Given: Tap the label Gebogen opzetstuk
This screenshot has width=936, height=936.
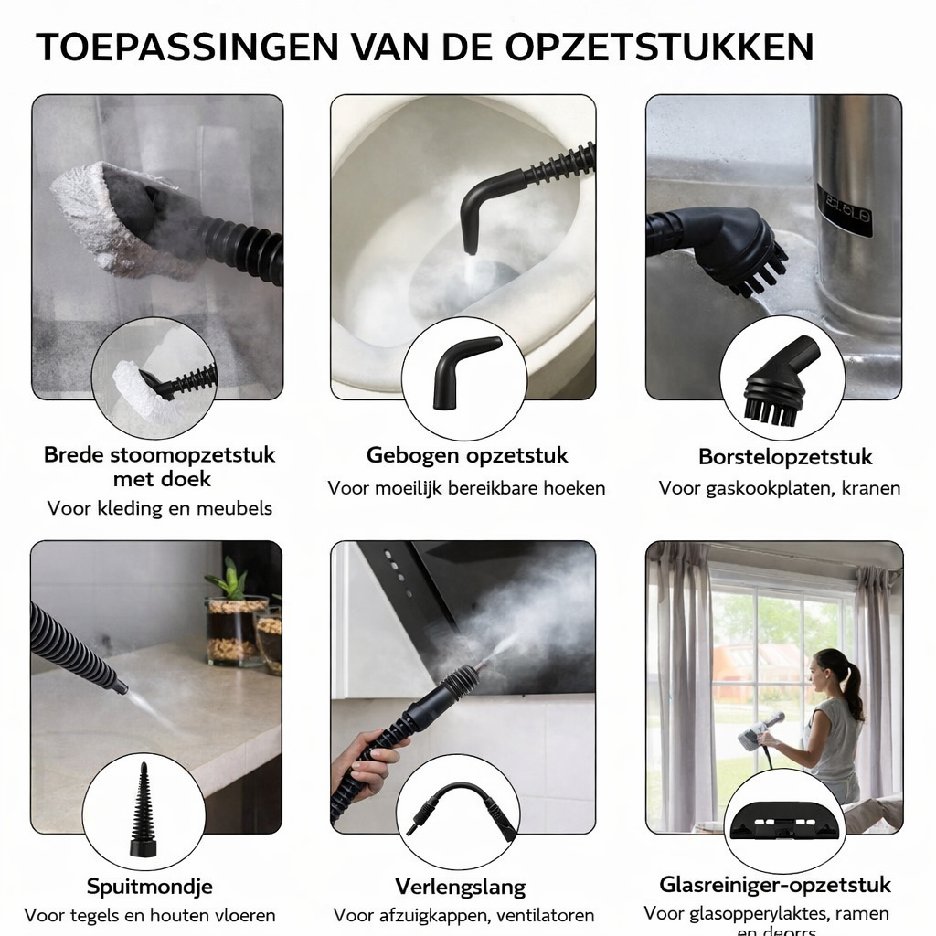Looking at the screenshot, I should [467, 455].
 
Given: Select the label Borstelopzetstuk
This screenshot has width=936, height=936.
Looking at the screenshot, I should [785, 456].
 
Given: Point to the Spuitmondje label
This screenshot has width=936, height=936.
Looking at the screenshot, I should [150, 886].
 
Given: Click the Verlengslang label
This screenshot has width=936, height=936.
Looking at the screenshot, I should [461, 887].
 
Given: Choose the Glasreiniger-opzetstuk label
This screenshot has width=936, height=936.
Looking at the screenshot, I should [775, 884].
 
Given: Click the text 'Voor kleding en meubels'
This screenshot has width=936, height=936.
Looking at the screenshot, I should [160, 508].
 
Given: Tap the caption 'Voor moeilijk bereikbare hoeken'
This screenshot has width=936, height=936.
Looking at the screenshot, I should [466, 488].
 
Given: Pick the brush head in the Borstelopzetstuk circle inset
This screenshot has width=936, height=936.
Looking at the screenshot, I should [780, 383].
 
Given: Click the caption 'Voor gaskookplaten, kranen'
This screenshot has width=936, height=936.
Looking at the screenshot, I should [780, 488].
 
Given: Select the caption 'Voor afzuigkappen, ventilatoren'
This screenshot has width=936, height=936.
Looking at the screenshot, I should [463, 915].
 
